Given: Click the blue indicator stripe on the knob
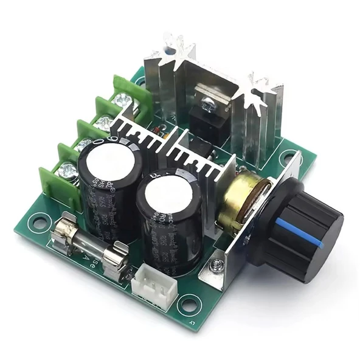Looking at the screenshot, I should pos(297,232).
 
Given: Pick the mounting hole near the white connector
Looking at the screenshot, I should pos(188,303).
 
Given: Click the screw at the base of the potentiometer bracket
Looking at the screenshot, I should pos(216,265).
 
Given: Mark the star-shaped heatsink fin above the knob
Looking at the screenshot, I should pos(261,88).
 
